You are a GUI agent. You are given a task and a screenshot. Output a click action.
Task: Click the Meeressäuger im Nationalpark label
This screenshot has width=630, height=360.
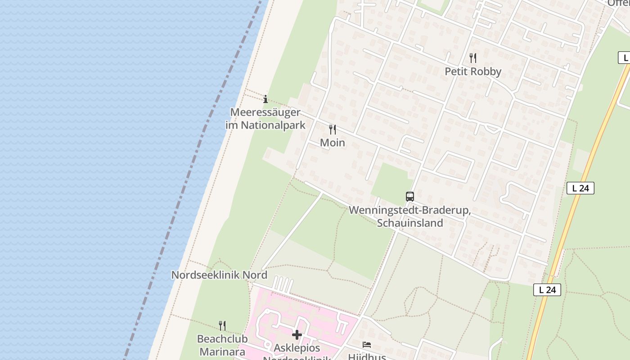(x=265, y=119)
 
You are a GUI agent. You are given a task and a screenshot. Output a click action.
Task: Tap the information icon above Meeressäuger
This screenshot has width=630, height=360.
(x=265, y=99)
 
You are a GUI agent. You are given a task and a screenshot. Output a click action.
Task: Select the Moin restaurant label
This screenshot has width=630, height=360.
(x=333, y=143)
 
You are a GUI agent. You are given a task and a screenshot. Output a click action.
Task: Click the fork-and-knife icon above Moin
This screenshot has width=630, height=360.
(x=333, y=130)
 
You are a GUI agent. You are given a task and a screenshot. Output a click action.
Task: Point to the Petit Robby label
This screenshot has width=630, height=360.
(x=473, y=72)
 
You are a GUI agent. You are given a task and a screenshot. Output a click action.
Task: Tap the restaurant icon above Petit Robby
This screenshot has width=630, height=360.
(x=473, y=58)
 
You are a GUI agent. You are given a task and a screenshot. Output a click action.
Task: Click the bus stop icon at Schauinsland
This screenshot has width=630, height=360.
(x=409, y=196)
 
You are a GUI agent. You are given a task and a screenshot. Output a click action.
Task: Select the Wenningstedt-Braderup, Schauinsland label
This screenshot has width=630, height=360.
(x=409, y=216)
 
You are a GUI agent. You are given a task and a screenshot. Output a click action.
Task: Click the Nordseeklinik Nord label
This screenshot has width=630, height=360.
(x=219, y=275)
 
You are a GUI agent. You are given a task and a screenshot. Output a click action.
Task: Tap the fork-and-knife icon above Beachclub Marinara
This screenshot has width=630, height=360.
(x=222, y=325)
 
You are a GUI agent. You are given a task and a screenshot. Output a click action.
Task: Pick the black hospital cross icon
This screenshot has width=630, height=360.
(x=297, y=335)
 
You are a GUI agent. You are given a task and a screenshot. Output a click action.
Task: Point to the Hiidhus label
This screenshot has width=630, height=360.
(x=367, y=357)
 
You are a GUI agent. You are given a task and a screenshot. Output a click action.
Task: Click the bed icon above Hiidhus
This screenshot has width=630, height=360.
(x=367, y=345)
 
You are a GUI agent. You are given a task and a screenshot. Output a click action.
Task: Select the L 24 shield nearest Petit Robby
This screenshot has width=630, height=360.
(x=624, y=58)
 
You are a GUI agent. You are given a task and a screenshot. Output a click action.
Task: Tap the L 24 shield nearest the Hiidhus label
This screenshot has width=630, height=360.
(x=547, y=290)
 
